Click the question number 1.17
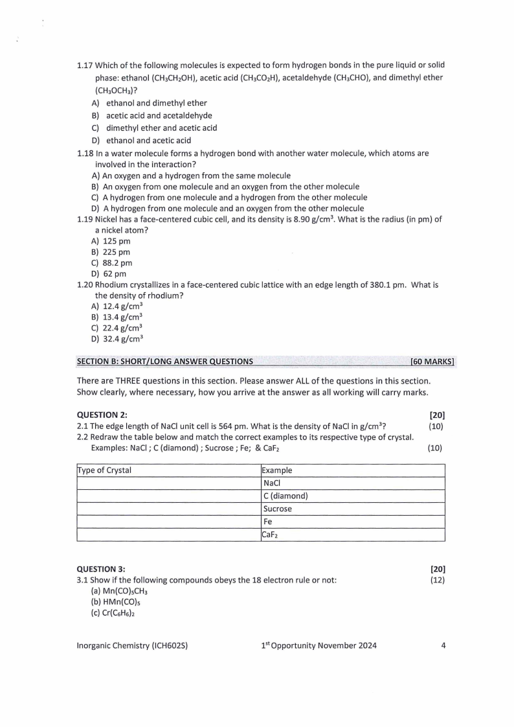tap(85, 65)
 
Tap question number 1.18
tap(85, 154)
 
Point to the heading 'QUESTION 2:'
tap(102, 415)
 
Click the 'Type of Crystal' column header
tap(104, 470)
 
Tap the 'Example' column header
tap(277, 470)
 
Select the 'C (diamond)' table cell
tap(285, 496)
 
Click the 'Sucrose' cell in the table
tap(278, 509)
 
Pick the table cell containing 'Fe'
tap(268, 522)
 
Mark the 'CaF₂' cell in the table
tap(272, 535)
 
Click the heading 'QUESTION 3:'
tap(102, 569)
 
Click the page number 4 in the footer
tap(443, 645)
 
